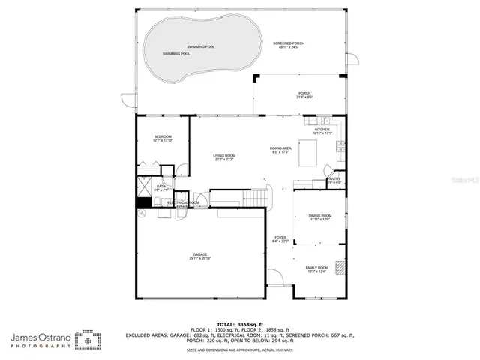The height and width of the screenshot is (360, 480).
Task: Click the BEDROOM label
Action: pos(163,138)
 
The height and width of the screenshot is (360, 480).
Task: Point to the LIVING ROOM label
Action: pos(224,157)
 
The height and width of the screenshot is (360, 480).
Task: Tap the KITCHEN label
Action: pos(322,130)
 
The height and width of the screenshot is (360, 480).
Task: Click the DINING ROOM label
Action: pos(320,217)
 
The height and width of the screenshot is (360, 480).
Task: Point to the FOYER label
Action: pos(280,239)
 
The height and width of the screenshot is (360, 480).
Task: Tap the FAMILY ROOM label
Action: pos(316,269)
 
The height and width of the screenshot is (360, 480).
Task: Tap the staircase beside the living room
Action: pos(257,197)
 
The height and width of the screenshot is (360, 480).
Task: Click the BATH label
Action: pos(161,188)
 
